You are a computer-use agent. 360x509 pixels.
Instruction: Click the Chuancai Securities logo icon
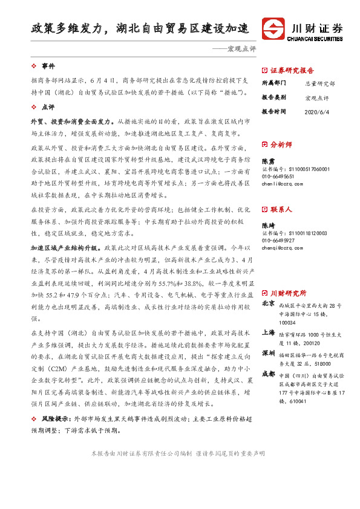coord(273,29)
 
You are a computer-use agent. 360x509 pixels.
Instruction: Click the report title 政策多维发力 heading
coord(140,28)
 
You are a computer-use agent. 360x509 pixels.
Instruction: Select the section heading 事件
coord(48,65)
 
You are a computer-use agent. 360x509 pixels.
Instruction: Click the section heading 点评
coord(48,106)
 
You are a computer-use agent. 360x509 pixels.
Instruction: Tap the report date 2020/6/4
coord(318,111)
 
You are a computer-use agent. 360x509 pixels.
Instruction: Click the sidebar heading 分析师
coord(281,144)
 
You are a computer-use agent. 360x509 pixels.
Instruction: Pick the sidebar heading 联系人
coord(281,209)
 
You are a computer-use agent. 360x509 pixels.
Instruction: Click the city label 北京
coord(269,304)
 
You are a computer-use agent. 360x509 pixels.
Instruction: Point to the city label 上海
coord(269,332)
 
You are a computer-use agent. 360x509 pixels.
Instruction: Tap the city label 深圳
coord(269,352)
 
